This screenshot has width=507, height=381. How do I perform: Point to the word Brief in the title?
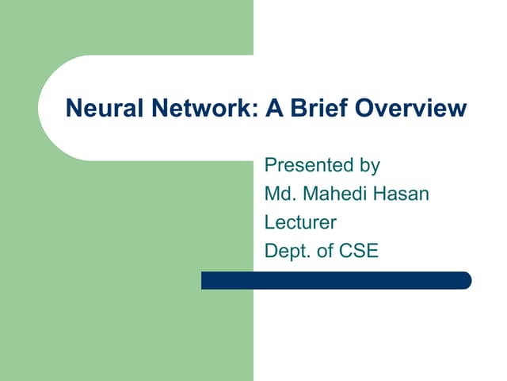[317, 108]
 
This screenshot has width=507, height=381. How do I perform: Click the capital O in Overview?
[364, 108]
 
